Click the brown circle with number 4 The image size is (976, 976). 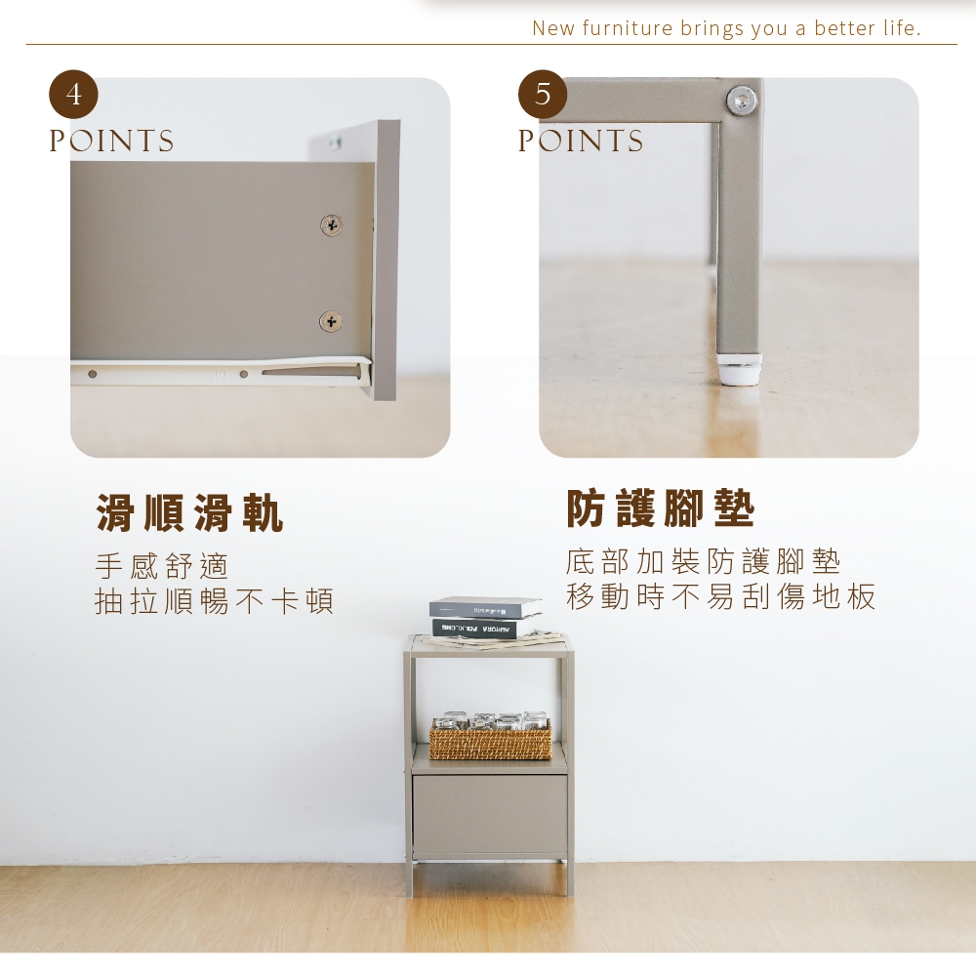tap(73, 95)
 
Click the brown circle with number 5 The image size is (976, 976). tap(543, 95)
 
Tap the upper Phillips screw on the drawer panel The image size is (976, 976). tap(331, 224)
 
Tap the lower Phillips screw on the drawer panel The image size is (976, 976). tap(331, 322)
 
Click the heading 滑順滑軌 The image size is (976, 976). tap(190, 513)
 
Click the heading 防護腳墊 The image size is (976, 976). tap(661, 508)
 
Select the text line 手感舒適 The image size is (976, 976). tap(162, 566)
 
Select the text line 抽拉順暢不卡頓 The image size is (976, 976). tap(215, 600)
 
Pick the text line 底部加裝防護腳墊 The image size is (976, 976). tap(704, 561)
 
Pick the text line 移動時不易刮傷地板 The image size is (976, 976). tap(721, 596)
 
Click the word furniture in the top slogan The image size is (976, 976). tap(628, 28)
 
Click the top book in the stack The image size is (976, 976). tap(485, 607)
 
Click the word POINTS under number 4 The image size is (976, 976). tap(112, 142)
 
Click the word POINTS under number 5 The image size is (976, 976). tap(581, 142)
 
